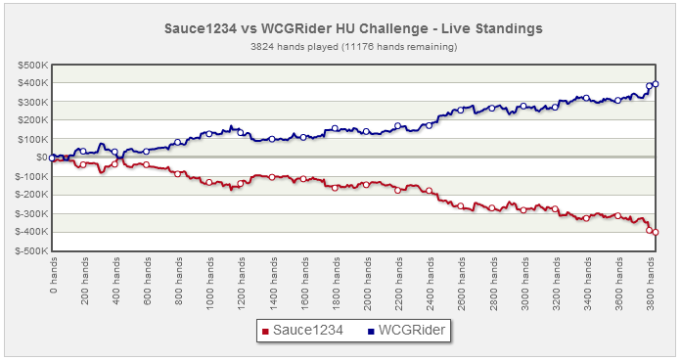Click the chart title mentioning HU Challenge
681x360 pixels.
point(353,28)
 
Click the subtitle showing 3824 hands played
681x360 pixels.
point(353,46)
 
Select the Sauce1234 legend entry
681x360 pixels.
point(302,331)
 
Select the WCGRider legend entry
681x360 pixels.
point(406,331)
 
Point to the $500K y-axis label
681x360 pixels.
point(33,66)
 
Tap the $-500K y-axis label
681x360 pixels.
point(31,251)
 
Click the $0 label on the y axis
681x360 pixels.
point(42,157)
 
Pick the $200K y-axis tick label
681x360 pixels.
point(33,120)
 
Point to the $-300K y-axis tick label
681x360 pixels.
point(31,213)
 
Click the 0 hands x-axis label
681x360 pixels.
point(53,275)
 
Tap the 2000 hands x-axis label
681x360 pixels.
point(368,284)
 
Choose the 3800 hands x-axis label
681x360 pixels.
point(650,284)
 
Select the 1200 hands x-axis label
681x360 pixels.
point(242,284)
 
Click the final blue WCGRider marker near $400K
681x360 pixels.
point(656,84)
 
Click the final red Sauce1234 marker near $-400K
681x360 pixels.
point(656,232)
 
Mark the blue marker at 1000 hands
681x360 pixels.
point(209,134)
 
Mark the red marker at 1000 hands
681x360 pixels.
point(209,182)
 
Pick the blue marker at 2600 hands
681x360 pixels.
point(461,110)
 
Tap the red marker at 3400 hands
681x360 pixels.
point(586,218)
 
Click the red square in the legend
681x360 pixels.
point(265,332)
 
